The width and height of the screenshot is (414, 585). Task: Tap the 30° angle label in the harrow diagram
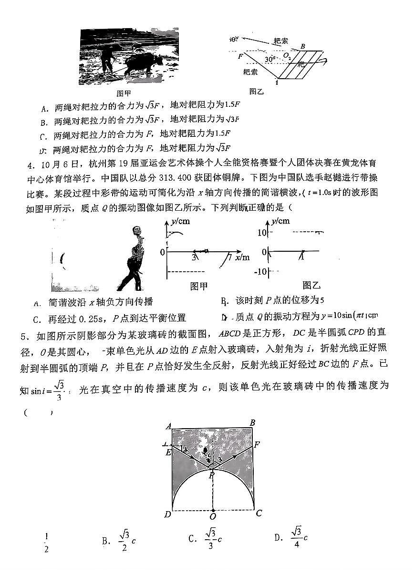(270, 59)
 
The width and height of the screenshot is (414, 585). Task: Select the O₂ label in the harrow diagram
(287, 56)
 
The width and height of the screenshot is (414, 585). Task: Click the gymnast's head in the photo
(138, 231)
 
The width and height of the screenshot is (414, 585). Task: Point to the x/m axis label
(242, 257)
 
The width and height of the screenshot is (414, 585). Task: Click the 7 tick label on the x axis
(230, 258)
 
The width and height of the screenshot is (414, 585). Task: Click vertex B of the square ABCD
(252, 422)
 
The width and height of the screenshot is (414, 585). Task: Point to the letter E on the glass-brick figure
(168, 452)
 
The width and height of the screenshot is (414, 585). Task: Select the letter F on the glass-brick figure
(257, 445)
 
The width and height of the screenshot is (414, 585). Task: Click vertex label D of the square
(167, 514)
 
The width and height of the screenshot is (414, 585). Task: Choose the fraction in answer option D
(296, 537)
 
